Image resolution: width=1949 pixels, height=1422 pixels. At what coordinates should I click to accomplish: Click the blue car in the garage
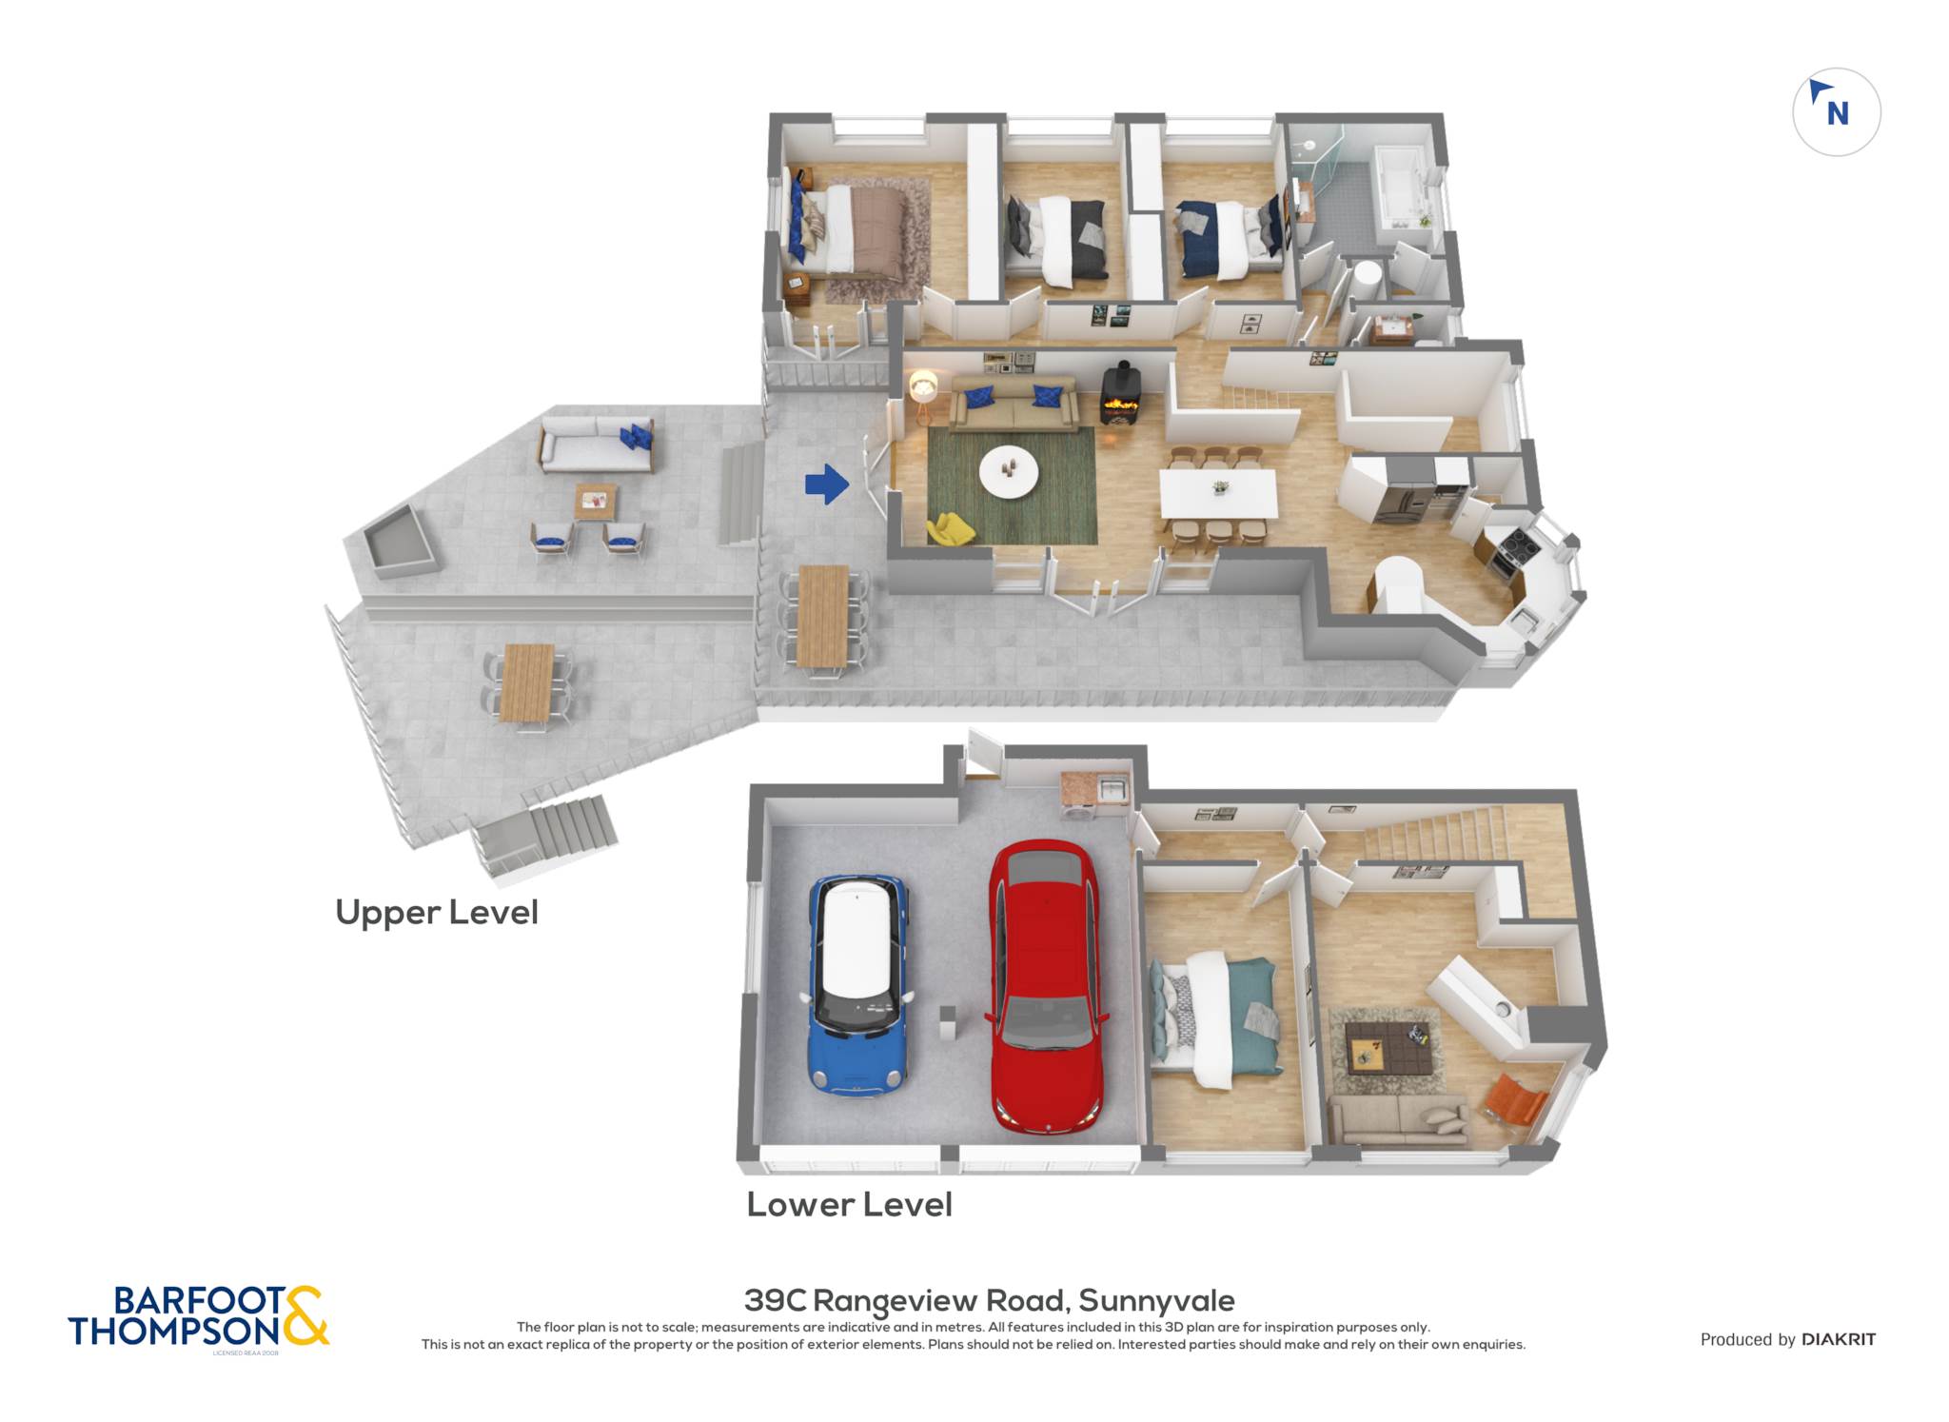(x=857, y=984)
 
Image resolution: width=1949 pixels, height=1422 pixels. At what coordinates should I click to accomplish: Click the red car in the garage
(x=1045, y=985)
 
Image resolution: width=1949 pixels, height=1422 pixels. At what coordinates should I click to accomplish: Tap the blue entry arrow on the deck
(x=826, y=484)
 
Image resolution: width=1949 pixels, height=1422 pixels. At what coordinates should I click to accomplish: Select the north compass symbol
(x=1836, y=111)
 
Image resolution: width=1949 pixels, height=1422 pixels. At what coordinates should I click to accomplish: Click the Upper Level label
(x=437, y=912)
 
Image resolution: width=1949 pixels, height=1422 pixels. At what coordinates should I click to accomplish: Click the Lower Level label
(x=849, y=1204)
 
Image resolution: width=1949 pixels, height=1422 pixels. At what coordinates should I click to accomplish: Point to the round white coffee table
(x=1009, y=470)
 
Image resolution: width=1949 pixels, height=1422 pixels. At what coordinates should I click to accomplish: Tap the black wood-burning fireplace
(x=1121, y=394)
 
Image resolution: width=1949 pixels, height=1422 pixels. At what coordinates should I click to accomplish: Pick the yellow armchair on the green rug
(x=950, y=528)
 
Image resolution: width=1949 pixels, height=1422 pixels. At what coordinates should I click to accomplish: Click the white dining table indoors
(x=1218, y=493)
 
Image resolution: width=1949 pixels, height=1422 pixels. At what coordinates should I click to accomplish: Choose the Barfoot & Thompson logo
(x=198, y=1317)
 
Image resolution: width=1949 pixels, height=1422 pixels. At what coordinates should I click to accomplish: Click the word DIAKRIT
(x=1839, y=1339)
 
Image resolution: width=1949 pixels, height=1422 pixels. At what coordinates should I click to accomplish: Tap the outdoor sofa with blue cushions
(x=597, y=444)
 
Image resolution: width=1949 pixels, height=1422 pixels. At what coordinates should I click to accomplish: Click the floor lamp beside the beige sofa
(x=922, y=397)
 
